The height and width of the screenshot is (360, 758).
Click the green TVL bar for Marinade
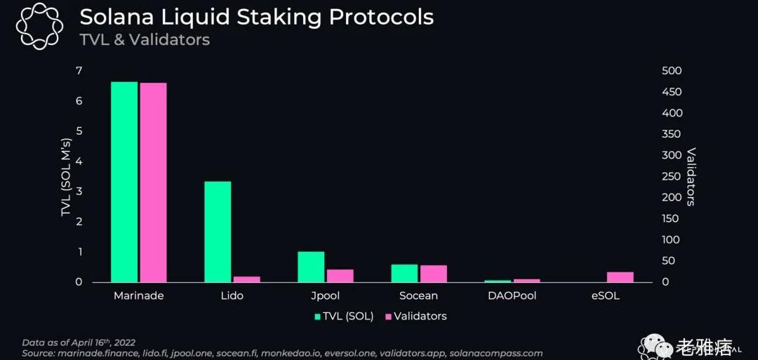tap(124, 182)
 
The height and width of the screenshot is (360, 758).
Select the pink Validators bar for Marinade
tap(153, 182)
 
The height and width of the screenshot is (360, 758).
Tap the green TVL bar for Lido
tap(218, 232)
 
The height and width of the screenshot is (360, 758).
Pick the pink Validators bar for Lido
tap(246, 279)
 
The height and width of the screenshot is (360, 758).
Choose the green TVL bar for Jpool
tap(311, 267)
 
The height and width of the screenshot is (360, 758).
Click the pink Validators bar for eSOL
tap(620, 277)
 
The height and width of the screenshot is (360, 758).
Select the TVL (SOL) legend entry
tap(344, 316)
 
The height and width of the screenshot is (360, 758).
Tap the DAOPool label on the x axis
tap(512, 295)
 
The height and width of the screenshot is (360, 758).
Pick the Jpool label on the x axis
tap(325, 295)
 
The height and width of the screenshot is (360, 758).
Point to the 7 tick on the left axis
tap(79, 71)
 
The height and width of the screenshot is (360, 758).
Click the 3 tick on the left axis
tap(79, 192)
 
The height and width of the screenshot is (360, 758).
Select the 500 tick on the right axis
tap(672, 71)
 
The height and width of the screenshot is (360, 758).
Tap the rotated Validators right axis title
tap(691, 176)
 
